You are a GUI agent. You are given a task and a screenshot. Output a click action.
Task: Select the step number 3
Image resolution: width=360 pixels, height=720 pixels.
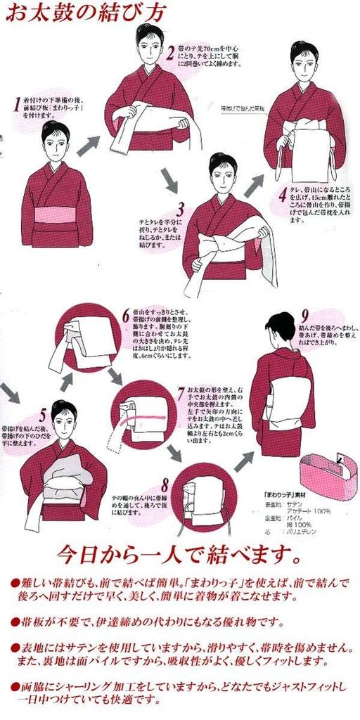pyautogui.click(x=180, y=209)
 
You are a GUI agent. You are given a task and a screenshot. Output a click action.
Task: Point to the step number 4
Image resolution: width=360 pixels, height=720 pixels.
pyautogui.click(x=282, y=193)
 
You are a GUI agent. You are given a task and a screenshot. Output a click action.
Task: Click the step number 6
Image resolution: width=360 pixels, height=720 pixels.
pyautogui.click(x=126, y=314)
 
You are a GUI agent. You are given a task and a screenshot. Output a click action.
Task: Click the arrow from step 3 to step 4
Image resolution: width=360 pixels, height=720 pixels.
pyautogui.click(x=254, y=185)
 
